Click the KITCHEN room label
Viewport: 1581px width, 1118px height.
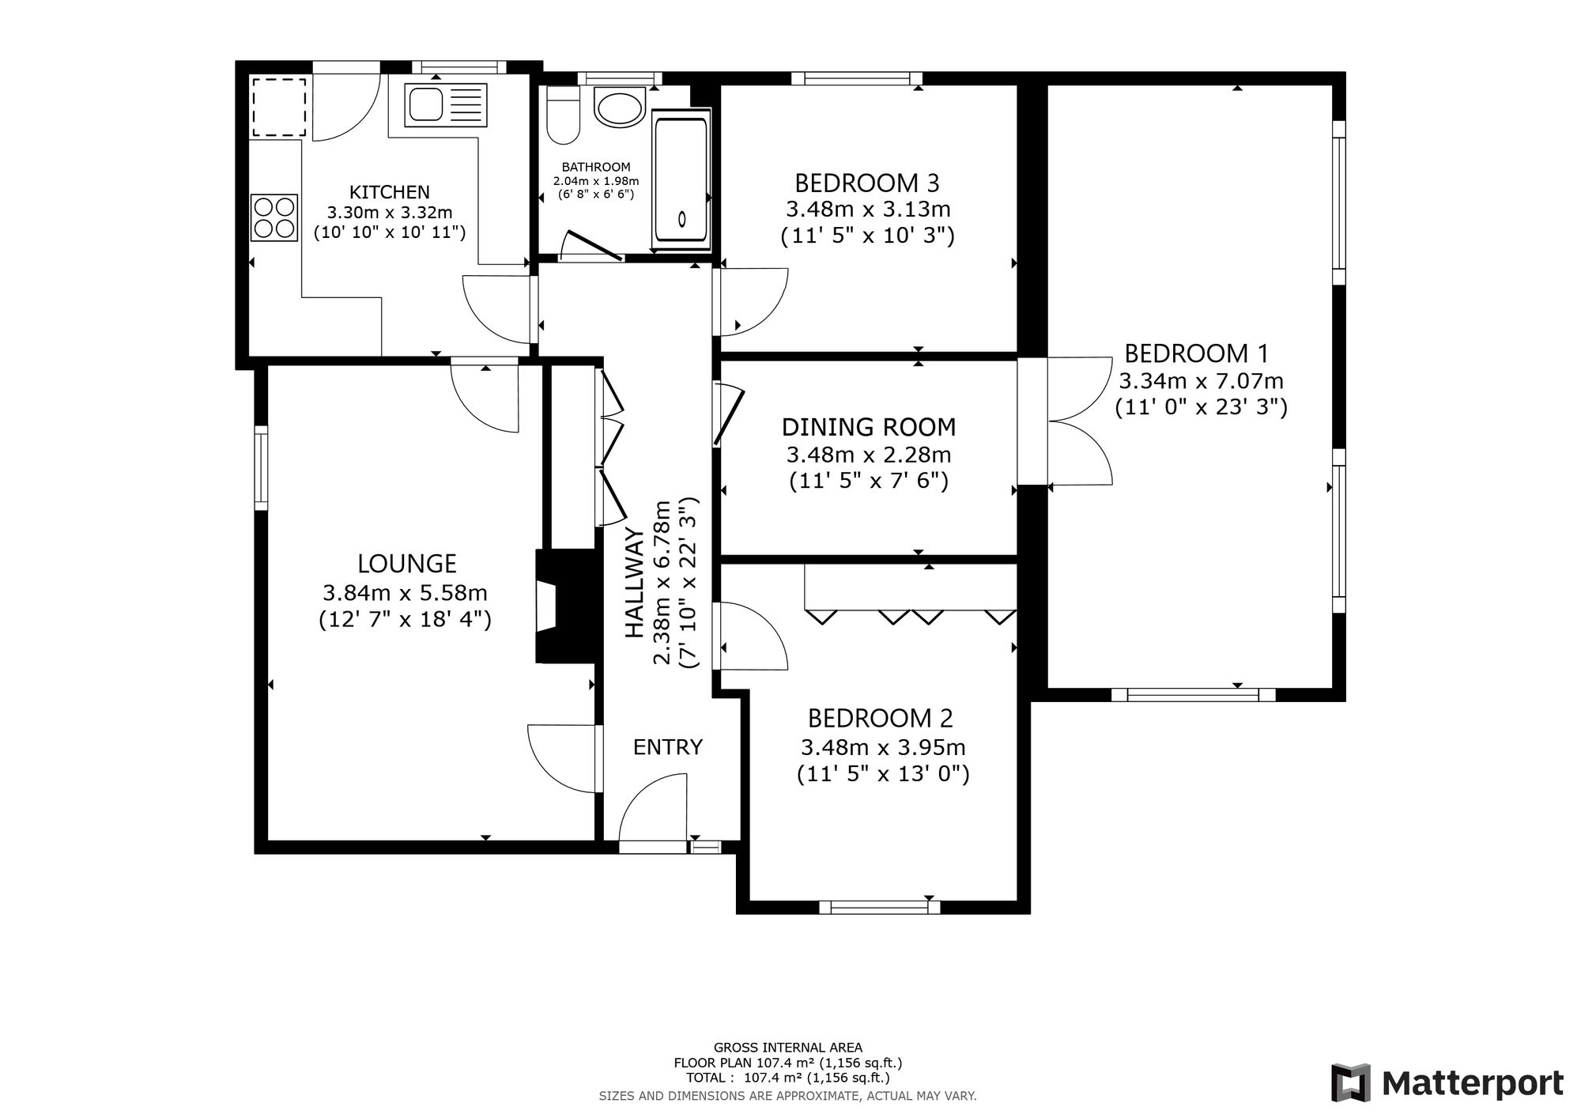pyautogui.click(x=390, y=192)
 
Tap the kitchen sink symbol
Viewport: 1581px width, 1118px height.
pyautogui.click(x=446, y=104)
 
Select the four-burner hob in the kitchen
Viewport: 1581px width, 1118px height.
pyautogui.click(x=274, y=217)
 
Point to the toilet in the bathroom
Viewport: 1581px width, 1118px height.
pyautogui.click(x=564, y=115)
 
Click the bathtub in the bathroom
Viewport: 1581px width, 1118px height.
pyautogui.click(x=681, y=180)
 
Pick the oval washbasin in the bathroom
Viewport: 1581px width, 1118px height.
pyautogui.click(x=620, y=108)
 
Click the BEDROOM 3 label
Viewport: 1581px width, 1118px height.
pyautogui.click(x=867, y=183)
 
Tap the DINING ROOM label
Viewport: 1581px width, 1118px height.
pyautogui.click(x=869, y=428)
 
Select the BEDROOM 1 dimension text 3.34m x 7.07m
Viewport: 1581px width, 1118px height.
pyautogui.click(x=1201, y=381)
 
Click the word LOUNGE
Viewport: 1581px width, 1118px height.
pyautogui.click(x=407, y=564)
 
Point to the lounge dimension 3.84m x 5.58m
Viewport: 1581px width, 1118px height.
pyautogui.click(x=405, y=592)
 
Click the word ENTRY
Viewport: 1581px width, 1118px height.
pyautogui.click(x=668, y=747)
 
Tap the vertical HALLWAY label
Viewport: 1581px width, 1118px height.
pyautogui.click(x=635, y=583)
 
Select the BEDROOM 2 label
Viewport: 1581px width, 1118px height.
pyautogui.click(x=881, y=719)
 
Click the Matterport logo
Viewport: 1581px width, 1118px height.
pyautogui.click(x=1447, y=1082)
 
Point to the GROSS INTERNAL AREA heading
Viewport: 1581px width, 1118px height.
pyautogui.click(x=788, y=1048)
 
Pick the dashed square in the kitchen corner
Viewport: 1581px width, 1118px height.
pyautogui.click(x=278, y=108)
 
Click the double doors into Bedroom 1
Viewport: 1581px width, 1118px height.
pyautogui.click(x=1081, y=421)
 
